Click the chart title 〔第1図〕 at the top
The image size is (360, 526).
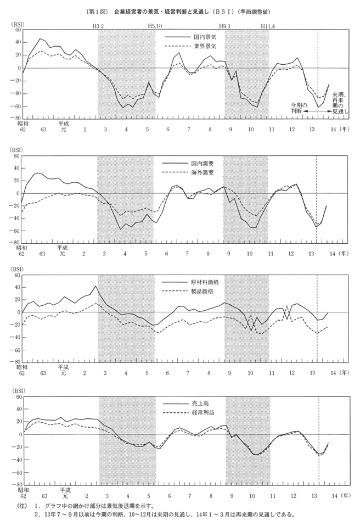pyautogui.click(x=98, y=11)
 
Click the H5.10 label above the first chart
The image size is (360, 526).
pyautogui.click(x=155, y=26)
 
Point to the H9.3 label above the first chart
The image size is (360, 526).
pyautogui.click(x=225, y=26)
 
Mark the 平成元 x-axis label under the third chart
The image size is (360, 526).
pyautogui.click(x=64, y=371)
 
